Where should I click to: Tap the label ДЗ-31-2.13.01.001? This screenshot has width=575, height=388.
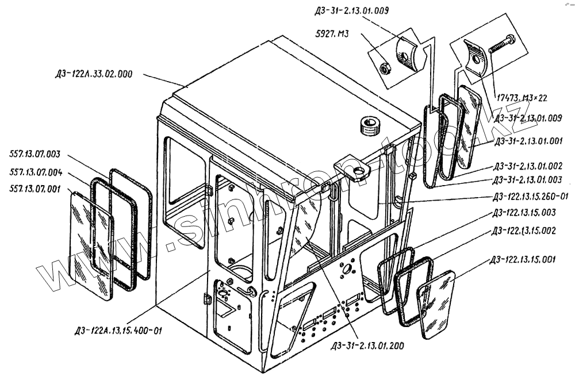[x=527, y=140]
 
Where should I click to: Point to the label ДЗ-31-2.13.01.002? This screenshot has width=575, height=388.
[x=527, y=167]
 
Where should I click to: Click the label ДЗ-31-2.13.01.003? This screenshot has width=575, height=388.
[x=527, y=180]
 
